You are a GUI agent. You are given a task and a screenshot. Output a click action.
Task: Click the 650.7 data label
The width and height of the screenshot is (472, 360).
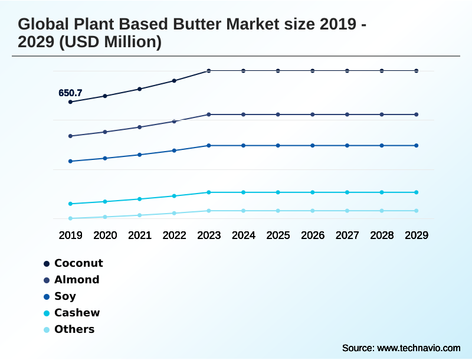(x=70, y=93)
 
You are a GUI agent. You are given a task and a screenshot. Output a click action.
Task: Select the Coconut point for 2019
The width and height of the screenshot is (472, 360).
(x=70, y=102)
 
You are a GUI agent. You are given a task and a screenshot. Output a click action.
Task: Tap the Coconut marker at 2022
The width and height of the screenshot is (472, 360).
(x=174, y=81)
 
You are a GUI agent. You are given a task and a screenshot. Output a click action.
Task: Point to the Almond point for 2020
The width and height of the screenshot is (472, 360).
(x=105, y=132)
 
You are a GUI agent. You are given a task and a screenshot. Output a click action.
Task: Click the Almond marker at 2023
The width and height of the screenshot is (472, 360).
(x=209, y=114)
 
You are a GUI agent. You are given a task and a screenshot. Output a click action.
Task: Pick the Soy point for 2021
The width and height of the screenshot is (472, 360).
(x=140, y=155)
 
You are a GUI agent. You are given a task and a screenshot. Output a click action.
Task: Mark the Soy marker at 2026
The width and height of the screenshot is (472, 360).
(x=313, y=145)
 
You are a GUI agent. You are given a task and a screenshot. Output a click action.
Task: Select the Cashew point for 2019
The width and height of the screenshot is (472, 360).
(x=70, y=204)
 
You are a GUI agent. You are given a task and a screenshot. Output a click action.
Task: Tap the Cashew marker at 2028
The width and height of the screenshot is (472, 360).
(x=382, y=192)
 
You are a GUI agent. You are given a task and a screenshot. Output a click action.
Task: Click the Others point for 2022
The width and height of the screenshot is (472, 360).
(x=174, y=213)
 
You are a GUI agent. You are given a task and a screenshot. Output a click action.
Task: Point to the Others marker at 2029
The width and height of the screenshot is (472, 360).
(x=417, y=211)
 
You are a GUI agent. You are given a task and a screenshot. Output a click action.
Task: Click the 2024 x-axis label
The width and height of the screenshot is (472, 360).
(x=244, y=235)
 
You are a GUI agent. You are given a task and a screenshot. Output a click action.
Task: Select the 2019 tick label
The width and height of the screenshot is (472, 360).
(x=70, y=235)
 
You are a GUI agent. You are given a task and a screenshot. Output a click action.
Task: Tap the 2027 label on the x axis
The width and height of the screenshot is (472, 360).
(x=347, y=235)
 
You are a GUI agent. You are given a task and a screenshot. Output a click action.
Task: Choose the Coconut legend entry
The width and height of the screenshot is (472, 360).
(x=78, y=263)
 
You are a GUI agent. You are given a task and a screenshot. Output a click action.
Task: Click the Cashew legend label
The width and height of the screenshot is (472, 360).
(x=77, y=313)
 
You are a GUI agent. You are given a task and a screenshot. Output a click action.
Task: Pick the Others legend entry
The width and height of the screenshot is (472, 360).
(x=74, y=329)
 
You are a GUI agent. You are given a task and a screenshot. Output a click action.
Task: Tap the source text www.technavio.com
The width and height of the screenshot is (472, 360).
(x=419, y=348)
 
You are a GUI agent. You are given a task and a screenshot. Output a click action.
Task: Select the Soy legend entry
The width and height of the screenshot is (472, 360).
(x=65, y=296)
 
